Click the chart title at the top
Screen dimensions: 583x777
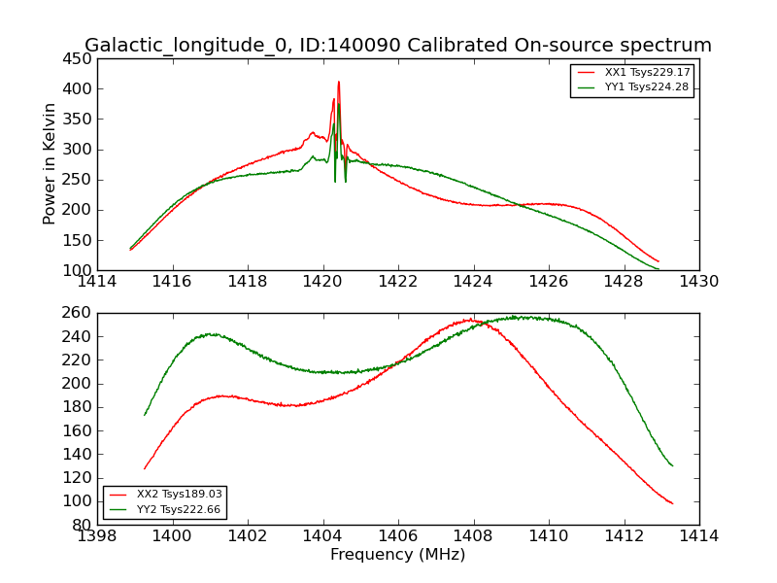398,46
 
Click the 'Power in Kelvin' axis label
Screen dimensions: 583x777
50,163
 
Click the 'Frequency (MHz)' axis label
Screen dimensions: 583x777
398,555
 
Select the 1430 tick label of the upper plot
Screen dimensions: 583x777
698,281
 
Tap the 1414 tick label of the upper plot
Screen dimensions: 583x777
97,281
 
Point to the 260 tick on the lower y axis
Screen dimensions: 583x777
78,313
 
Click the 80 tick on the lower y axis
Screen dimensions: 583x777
82,525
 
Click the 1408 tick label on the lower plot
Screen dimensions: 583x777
473,535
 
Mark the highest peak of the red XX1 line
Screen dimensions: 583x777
339,82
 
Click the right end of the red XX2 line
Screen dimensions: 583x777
672,503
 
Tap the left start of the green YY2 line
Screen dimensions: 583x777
145,415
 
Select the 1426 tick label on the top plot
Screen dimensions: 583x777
548,281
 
